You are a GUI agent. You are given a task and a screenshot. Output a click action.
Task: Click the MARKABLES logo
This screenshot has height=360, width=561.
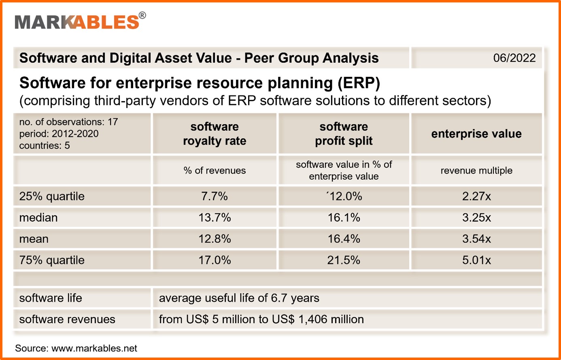click(x=77, y=22)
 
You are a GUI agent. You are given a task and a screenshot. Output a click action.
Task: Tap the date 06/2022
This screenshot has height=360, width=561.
click(x=514, y=58)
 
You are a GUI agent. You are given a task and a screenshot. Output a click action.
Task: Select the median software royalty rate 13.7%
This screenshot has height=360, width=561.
click(x=215, y=217)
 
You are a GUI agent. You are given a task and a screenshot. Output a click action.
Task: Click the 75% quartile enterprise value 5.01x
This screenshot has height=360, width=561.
click(x=476, y=260)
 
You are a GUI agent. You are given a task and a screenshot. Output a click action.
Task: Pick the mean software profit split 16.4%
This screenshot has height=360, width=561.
click(x=344, y=239)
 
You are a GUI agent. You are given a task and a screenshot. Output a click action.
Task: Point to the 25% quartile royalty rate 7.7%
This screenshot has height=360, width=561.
click(x=215, y=196)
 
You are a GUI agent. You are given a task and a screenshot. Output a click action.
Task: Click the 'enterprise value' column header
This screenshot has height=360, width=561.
click(x=476, y=134)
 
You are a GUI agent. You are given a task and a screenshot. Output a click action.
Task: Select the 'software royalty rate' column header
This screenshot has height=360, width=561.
click(x=215, y=134)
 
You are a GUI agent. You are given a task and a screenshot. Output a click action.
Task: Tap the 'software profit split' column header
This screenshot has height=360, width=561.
click(x=344, y=134)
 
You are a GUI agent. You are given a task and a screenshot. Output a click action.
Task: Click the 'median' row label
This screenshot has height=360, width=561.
click(x=38, y=217)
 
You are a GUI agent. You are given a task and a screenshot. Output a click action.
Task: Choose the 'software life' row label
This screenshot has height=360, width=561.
click(x=51, y=298)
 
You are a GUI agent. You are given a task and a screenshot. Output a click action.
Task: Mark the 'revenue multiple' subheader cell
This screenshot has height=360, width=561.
click(x=476, y=170)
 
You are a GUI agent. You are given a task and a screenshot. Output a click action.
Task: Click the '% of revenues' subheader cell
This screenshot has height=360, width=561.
click(x=215, y=170)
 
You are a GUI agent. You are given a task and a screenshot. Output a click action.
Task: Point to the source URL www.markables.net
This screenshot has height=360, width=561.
click(x=94, y=348)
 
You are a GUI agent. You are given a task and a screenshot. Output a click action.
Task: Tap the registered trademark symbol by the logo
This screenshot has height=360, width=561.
click(x=142, y=15)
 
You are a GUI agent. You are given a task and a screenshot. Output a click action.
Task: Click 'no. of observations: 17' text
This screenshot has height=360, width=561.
click(x=68, y=122)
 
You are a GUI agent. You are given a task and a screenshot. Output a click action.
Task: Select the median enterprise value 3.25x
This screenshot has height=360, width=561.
click(x=476, y=217)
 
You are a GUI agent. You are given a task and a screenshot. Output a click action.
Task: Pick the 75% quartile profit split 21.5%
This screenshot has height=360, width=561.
click(x=344, y=260)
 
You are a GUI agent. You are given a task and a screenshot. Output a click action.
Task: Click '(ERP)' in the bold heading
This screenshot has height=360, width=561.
click(x=359, y=83)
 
